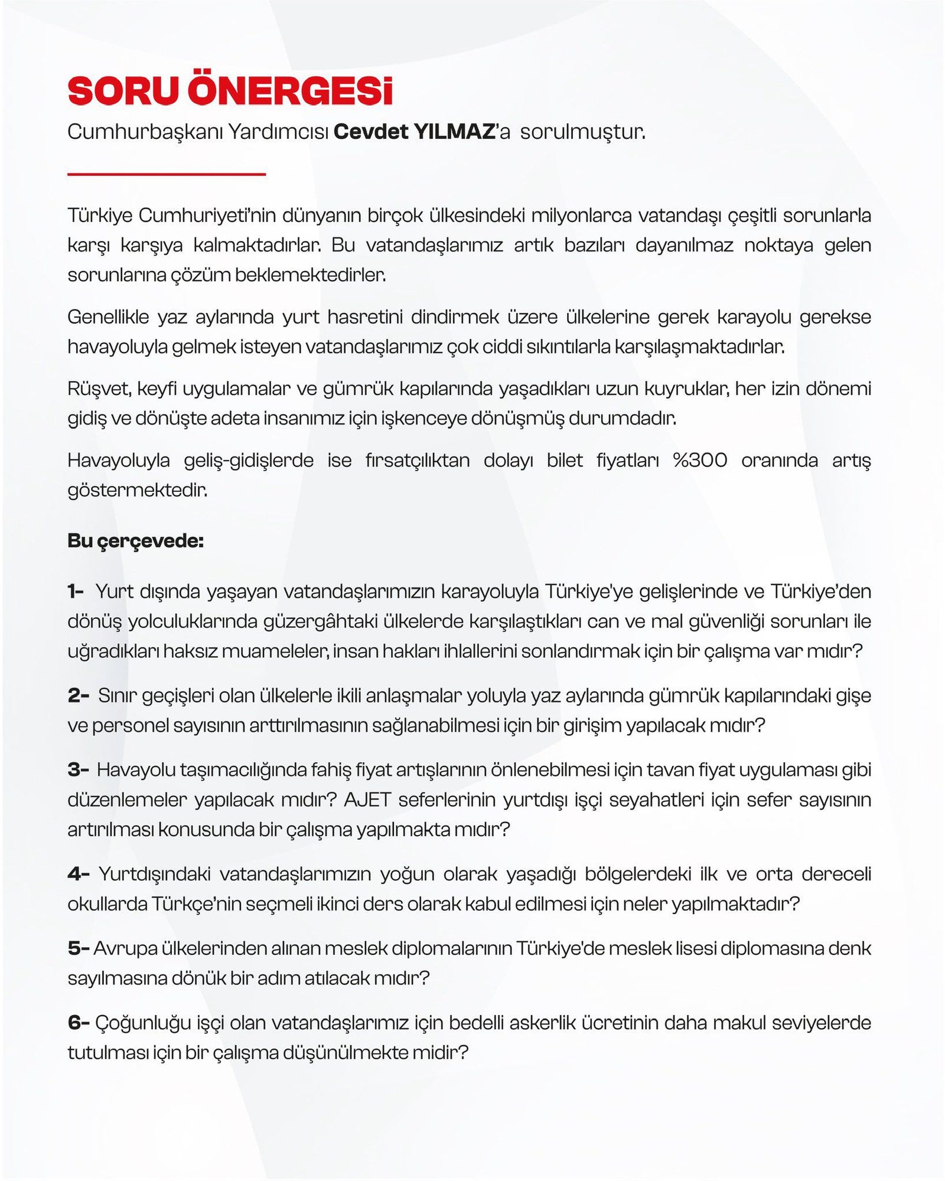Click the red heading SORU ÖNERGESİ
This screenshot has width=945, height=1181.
click(230, 90)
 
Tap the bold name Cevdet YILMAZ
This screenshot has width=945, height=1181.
click(414, 132)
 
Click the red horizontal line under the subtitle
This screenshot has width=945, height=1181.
click(167, 174)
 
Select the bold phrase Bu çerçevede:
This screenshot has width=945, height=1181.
click(135, 541)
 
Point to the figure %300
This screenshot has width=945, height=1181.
click(700, 460)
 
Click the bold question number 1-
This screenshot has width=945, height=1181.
click(76, 591)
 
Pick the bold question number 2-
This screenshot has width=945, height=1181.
click(78, 695)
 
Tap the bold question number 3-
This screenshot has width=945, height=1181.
click(78, 769)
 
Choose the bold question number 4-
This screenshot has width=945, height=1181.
click(79, 873)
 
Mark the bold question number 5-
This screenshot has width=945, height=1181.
click(78, 948)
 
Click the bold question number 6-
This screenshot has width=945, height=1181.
click(78, 1022)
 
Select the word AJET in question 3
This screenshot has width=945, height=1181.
click(367, 800)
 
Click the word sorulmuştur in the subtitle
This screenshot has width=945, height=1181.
click(582, 132)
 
